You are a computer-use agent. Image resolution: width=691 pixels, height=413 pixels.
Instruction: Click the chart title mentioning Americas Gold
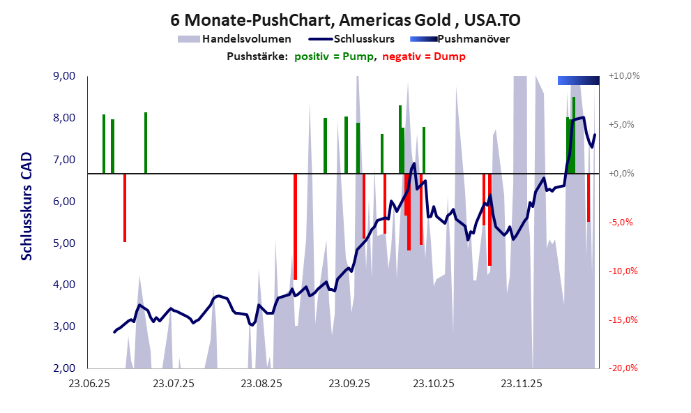(345, 21)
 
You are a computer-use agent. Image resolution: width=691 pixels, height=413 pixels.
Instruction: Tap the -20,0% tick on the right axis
(623, 368)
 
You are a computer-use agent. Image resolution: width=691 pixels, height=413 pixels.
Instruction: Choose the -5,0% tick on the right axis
(623, 223)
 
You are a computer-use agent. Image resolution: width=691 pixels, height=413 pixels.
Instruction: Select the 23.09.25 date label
(350, 384)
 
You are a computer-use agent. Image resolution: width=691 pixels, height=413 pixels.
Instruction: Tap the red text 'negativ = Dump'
(423, 57)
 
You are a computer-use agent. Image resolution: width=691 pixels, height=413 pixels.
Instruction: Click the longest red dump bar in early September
(295, 227)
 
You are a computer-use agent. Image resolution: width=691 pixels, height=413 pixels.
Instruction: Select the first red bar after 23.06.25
(125, 207)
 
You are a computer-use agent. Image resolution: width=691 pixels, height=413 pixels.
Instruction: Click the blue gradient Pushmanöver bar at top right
(578, 80)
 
